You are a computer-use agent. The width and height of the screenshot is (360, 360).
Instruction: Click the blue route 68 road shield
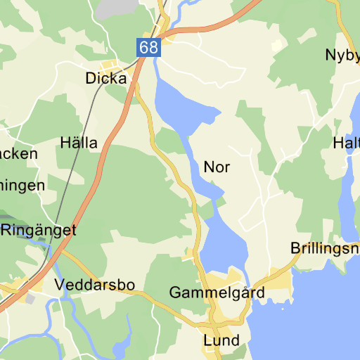(x=149, y=48)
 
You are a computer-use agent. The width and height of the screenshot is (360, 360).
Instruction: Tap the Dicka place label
(x=106, y=79)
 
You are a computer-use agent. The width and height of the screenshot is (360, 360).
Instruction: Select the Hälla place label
(x=79, y=143)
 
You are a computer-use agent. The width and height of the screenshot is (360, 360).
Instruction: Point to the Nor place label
(x=217, y=167)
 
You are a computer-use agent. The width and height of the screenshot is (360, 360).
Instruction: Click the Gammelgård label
(x=217, y=292)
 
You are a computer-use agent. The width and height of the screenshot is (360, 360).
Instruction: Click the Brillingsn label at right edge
(x=325, y=249)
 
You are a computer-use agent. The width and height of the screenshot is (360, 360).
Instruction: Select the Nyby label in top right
(x=342, y=55)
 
